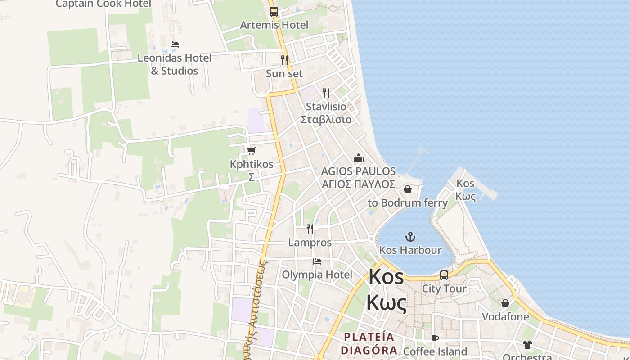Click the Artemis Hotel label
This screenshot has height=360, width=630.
click(274, 25)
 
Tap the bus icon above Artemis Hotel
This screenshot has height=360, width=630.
click(274, 11)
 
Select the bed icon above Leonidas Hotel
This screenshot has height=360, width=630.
click(175, 45)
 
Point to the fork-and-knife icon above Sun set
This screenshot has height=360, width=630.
click(284, 59)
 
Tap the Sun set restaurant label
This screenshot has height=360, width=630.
click(284, 73)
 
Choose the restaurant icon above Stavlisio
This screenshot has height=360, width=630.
click(326, 93)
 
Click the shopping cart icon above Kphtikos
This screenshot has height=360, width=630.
click(251, 151)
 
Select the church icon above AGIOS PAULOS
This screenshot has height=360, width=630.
click(359, 158)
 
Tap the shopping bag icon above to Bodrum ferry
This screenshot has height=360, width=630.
click(408, 189)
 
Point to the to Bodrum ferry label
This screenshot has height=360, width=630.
click(408, 202)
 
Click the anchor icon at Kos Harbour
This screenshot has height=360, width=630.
click(410, 236)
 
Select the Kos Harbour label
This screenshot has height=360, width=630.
click(410, 250)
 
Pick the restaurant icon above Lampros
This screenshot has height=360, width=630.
click(310, 229)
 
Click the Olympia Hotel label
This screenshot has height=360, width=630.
click(317, 274)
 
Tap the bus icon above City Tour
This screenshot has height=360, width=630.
click(444, 275)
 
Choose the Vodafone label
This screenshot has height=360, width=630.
click(505, 316)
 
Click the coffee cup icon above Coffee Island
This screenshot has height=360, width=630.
click(435, 338)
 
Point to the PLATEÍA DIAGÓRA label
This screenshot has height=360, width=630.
click(369, 343)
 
